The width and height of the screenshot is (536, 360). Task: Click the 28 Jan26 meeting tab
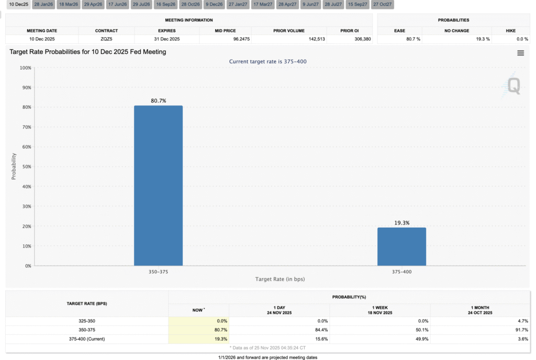pos(43,4)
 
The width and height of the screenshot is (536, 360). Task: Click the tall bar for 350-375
pos(158,186)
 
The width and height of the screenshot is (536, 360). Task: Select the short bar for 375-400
pos(401,246)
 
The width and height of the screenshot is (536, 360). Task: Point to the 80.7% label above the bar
pos(158,100)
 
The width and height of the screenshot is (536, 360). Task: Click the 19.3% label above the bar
pos(401,223)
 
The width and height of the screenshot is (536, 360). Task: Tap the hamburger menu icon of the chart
pos(520,53)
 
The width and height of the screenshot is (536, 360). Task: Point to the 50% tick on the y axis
pos(25,167)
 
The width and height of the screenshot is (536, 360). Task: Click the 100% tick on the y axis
pos(24,68)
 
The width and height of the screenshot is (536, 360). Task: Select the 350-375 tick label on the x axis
pos(158,272)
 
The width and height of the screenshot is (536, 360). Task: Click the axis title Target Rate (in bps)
pos(280,279)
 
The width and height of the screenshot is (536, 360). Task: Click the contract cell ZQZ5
pos(106,39)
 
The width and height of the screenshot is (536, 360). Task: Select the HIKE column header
pos(510,31)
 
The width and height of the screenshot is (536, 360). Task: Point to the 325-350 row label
pos(86,321)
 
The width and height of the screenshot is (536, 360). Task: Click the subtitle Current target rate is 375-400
pos(268,62)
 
